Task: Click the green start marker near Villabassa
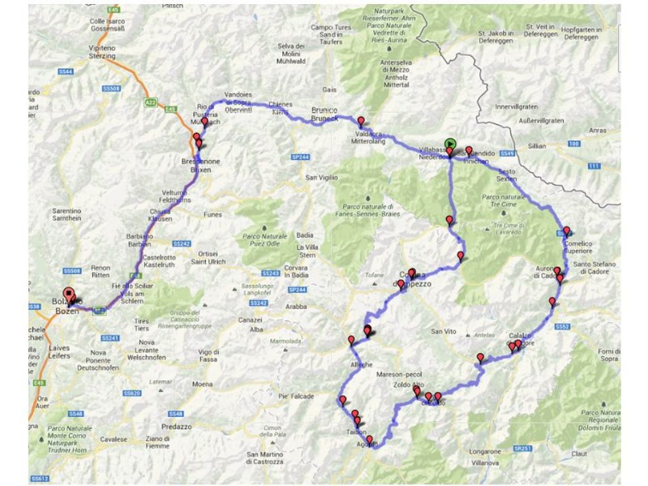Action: coord(450,143)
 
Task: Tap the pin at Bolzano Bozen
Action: coord(68,295)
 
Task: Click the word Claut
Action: coord(601,454)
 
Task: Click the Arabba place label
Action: coord(295,307)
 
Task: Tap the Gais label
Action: coord(328,90)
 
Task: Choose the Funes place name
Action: coord(213,215)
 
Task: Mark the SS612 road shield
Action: coord(38,479)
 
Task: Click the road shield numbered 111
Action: coord(592,166)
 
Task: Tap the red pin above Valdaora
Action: coord(361,122)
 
